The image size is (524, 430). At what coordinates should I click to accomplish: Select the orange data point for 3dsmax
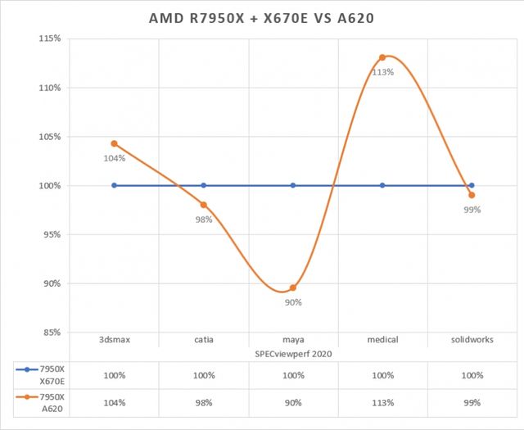(x=115, y=143)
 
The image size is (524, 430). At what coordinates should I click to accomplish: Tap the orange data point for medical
(x=382, y=57)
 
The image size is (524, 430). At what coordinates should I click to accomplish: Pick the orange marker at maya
(x=293, y=287)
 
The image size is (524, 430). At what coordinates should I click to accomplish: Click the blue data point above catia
(x=204, y=185)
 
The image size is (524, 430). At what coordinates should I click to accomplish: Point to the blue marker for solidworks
(x=472, y=185)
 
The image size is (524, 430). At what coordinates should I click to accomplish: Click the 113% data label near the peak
(x=383, y=72)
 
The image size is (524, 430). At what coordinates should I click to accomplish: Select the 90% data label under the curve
(x=293, y=302)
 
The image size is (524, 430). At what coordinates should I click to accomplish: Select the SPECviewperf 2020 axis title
(x=293, y=353)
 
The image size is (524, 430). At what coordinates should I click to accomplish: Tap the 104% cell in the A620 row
(x=115, y=404)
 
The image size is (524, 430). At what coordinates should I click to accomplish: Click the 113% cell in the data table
(x=382, y=404)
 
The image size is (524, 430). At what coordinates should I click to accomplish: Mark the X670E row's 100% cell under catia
(x=204, y=375)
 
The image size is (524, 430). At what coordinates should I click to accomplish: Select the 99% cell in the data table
(x=472, y=404)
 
